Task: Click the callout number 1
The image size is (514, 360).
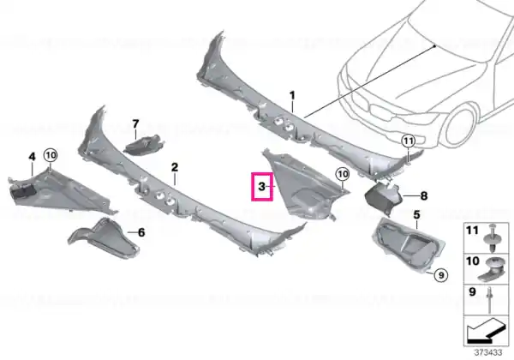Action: (x=292, y=96)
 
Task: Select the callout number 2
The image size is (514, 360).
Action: (x=175, y=167)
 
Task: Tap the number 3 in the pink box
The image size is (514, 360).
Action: (x=261, y=187)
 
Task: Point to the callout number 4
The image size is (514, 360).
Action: (x=32, y=157)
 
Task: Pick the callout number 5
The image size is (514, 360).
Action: (x=416, y=215)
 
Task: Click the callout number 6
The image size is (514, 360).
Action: (x=141, y=232)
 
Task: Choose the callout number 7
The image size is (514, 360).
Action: (x=135, y=124)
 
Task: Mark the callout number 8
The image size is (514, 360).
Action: (x=424, y=196)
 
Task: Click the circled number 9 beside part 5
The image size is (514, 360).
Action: (x=441, y=275)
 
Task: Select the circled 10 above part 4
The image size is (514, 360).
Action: (x=51, y=155)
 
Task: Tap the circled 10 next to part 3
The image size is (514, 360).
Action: (x=343, y=174)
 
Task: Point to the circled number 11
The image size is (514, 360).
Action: (x=408, y=141)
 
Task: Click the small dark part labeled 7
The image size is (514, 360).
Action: (x=143, y=145)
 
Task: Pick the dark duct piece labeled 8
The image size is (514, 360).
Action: (x=383, y=197)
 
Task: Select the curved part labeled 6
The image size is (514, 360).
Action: (x=105, y=238)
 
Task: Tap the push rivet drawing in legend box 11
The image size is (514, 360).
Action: (x=492, y=237)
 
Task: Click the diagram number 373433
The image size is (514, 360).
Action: (x=488, y=352)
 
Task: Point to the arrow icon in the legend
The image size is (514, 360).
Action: (x=486, y=331)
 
